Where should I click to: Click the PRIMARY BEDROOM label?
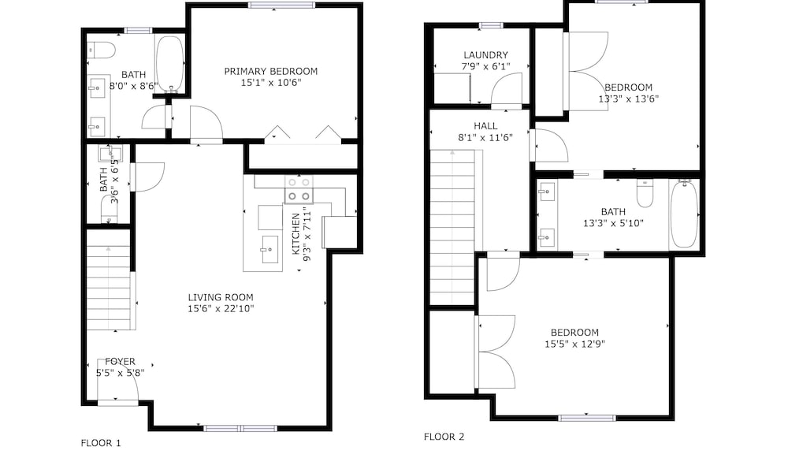pos(271,72)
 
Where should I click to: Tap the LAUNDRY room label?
pos(485,55)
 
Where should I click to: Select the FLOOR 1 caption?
pos(101,443)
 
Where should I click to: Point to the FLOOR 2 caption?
pos(444,437)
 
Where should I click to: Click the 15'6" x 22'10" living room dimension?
pos(221,309)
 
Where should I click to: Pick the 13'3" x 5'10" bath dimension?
pos(613,223)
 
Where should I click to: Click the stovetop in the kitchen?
pos(299,189)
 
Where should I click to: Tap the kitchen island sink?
pos(269,249)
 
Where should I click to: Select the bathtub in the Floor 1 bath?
pos(170,64)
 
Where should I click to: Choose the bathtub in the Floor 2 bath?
pos(684,214)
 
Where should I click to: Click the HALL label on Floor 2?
pos(485,125)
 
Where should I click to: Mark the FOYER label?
pos(120,362)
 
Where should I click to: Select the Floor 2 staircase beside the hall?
pos(453,227)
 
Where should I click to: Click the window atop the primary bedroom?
pos(281,6)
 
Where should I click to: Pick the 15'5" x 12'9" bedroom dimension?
pos(574,344)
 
